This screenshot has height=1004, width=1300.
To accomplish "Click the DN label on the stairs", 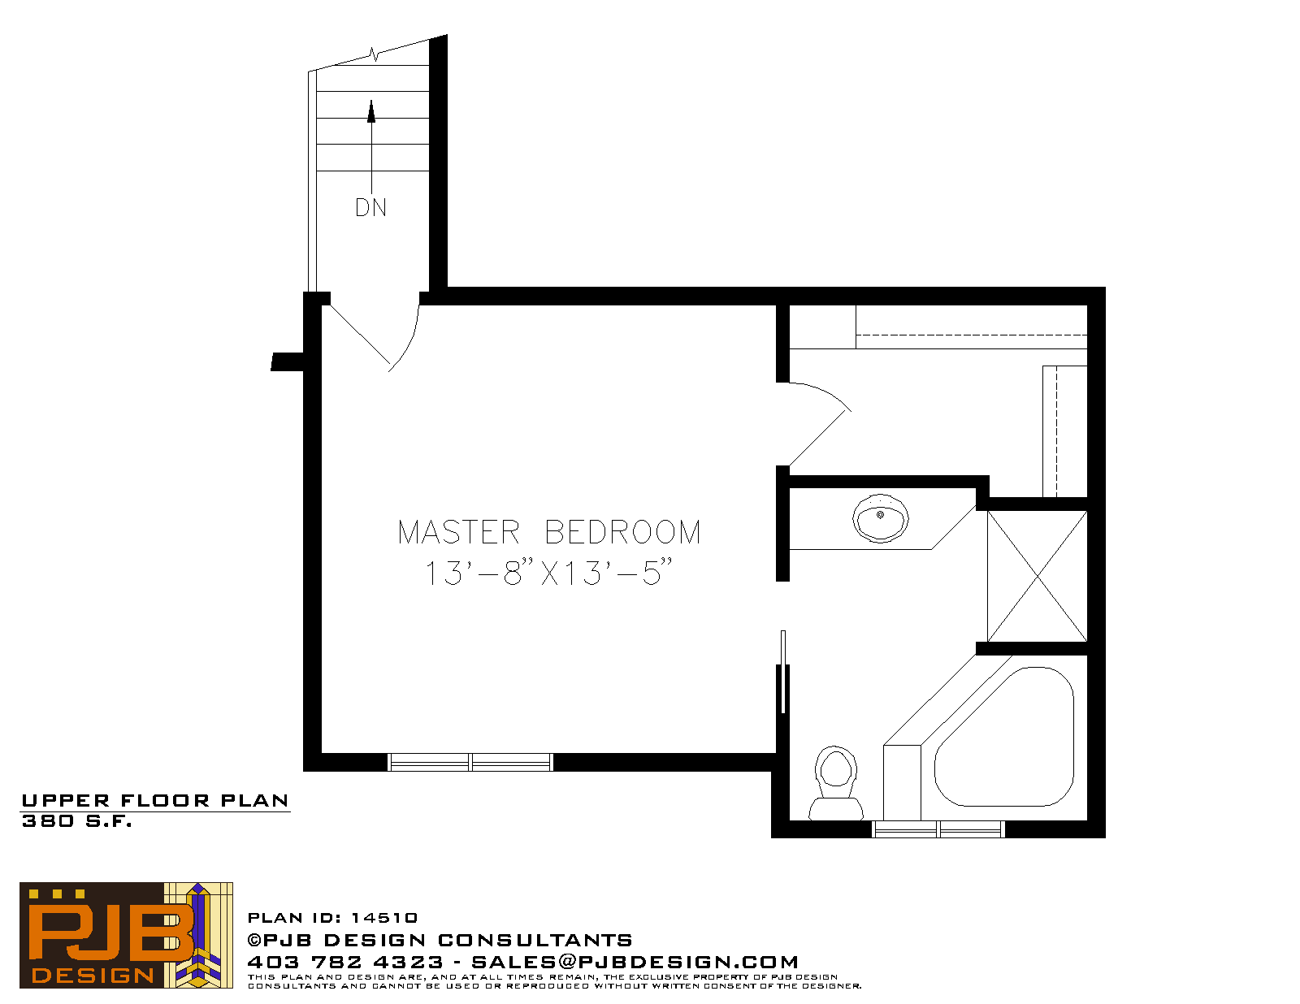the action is click(371, 207).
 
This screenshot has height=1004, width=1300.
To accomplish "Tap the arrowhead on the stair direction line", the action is click(371, 112).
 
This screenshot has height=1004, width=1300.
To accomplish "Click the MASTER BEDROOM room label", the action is click(549, 532).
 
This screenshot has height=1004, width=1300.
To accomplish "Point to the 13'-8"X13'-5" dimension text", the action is click(548, 572).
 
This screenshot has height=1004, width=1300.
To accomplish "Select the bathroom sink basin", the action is click(880, 518).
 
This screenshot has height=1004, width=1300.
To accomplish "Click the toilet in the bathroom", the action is click(836, 782).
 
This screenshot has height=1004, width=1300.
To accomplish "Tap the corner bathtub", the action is click(1004, 737).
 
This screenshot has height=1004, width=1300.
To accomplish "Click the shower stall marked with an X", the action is click(1037, 577).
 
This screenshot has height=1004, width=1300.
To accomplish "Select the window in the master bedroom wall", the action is click(470, 763).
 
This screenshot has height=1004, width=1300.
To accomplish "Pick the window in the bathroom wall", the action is click(938, 829).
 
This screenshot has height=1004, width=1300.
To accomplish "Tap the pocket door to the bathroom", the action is click(783, 672).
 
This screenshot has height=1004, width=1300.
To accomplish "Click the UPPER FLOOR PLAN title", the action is click(155, 801).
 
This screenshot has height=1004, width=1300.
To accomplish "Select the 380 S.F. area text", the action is click(76, 821).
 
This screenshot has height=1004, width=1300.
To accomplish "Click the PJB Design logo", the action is click(126, 936).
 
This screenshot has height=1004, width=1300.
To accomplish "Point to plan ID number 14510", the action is click(384, 918).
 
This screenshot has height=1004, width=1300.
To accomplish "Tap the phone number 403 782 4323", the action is click(345, 962).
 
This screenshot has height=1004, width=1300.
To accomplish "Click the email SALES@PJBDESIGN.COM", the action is click(635, 962).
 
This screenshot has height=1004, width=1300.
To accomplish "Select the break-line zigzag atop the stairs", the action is click(375, 54).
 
